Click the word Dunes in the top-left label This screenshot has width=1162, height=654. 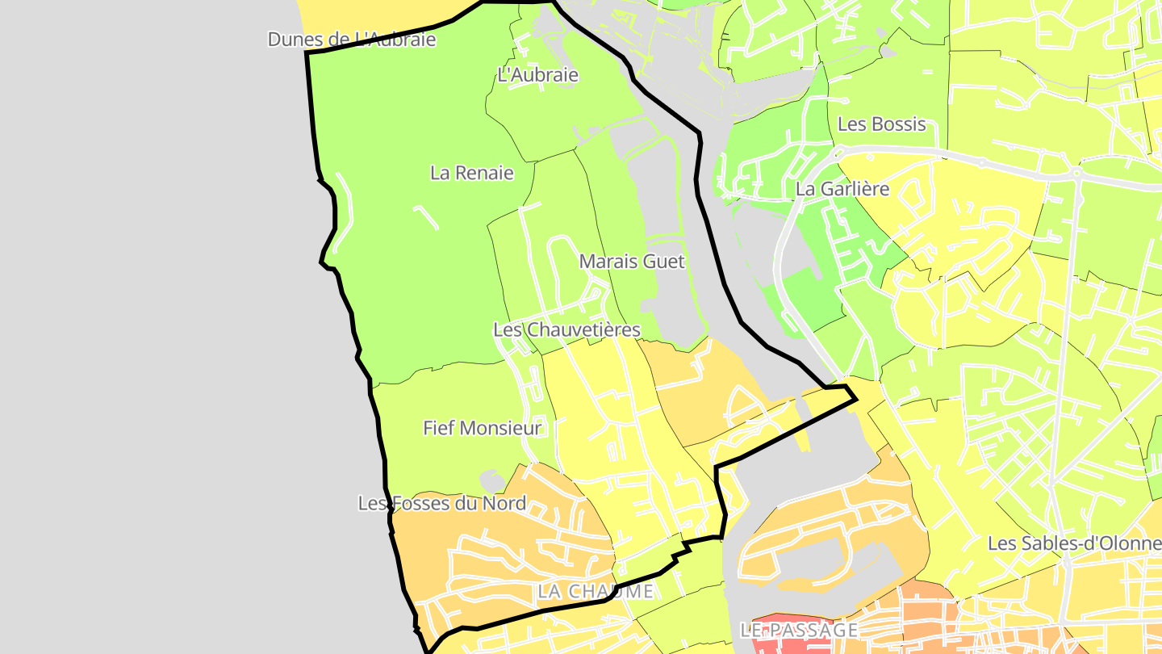[x=290, y=39]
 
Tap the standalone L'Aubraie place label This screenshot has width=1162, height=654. [x=538, y=75]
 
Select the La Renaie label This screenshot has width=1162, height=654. [x=472, y=173]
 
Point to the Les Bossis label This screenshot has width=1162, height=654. [x=881, y=124]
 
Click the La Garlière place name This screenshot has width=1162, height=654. [x=842, y=189]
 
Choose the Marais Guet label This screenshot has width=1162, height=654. [x=632, y=262]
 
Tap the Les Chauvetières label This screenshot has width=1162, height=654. [x=566, y=329]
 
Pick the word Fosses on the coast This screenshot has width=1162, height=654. [x=422, y=503]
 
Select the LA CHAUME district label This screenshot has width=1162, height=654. [x=596, y=591]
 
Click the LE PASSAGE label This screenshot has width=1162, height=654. [x=798, y=630]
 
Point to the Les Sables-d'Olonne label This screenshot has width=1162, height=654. [x=1074, y=543]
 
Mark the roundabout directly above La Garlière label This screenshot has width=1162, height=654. [x=837, y=152]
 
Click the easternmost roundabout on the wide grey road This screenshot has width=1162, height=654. [x=1077, y=174]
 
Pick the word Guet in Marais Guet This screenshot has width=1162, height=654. [x=666, y=262]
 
